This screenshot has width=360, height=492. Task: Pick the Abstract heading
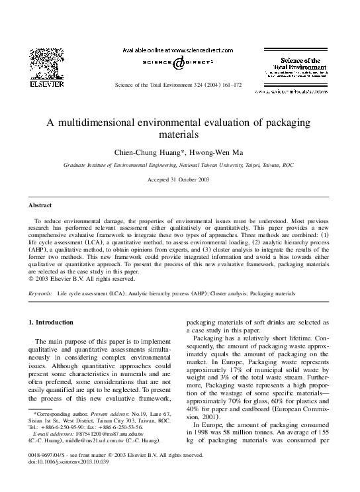coord(39,205)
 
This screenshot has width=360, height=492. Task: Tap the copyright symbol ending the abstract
coord(30,279)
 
